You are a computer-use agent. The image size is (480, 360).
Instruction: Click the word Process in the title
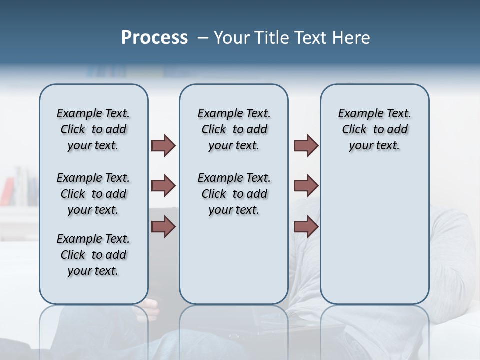(154, 38)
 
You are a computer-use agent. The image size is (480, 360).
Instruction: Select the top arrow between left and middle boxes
(163, 145)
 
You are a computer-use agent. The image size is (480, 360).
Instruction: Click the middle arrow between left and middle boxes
(163, 186)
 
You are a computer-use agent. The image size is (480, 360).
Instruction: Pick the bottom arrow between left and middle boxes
(163, 227)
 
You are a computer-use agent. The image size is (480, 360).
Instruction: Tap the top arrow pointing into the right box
(306, 145)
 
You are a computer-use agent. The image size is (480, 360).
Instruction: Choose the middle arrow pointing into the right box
(306, 186)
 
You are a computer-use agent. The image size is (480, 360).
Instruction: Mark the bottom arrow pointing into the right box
(306, 227)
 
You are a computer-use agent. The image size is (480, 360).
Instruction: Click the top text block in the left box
(93, 129)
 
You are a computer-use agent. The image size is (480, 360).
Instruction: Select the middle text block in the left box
(93, 194)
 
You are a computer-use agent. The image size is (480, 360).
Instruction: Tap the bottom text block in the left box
(93, 255)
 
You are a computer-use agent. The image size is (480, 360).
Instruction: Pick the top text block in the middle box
(234, 129)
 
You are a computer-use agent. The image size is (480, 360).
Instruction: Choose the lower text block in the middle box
(234, 194)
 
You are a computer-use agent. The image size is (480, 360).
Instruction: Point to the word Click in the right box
(354, 130)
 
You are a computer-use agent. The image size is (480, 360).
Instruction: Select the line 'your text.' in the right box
(374, 146)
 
